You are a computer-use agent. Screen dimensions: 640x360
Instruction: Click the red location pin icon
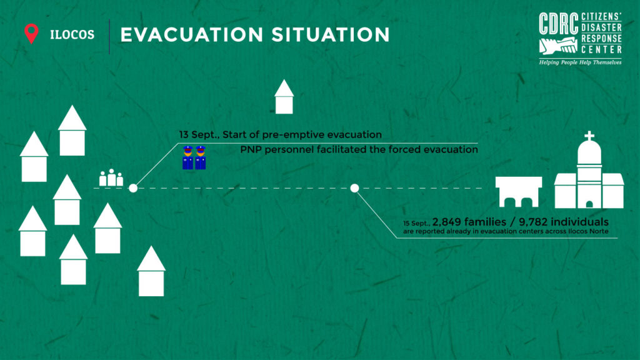31,33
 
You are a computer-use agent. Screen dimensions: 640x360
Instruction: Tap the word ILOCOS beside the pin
72,35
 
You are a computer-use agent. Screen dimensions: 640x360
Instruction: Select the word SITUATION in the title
331,35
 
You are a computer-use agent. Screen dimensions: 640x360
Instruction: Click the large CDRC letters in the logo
558,24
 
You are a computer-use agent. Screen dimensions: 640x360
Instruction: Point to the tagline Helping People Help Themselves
580,62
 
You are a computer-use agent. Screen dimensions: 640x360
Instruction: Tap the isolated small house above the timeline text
284,97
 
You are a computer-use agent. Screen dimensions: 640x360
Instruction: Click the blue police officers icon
194,157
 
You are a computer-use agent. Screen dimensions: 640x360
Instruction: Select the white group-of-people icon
111,178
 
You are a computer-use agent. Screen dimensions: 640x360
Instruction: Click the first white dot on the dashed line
133,188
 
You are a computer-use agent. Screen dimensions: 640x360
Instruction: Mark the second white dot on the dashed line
355,188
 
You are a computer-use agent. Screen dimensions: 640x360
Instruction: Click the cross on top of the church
589,136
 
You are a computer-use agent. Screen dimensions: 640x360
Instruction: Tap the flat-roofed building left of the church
519,192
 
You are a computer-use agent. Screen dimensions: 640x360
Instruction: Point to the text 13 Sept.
198,135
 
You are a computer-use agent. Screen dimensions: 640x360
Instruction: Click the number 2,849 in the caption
447,222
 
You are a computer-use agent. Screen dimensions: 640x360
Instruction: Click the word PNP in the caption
249,150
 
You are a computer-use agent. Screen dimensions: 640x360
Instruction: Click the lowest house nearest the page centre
151,271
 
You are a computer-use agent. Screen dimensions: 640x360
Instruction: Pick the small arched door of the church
589,204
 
